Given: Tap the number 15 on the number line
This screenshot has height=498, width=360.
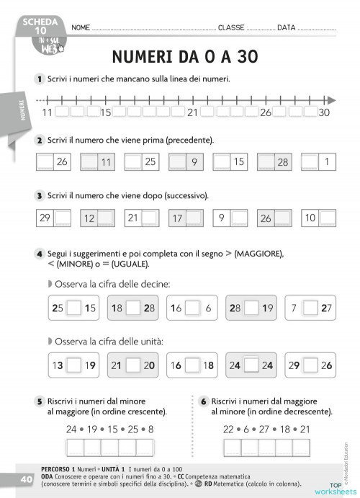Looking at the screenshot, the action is click(107, 112).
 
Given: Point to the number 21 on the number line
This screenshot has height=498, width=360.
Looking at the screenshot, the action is click(192, 112).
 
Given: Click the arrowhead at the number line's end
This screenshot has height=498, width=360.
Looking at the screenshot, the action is click(330, 101).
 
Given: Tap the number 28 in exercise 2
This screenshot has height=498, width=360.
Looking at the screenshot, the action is click(282, 163).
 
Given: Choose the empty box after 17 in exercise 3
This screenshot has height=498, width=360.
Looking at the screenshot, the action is click(195, 218).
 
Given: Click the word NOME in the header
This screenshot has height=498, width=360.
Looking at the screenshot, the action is click(81, 27).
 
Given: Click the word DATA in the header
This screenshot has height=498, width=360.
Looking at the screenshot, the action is click(286, 27).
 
